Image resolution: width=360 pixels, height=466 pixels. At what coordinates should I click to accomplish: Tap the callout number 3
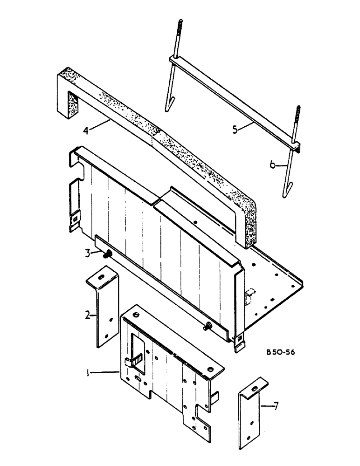(x=87, y=253)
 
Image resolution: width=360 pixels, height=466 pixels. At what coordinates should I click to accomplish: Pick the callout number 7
(x=277, y=407)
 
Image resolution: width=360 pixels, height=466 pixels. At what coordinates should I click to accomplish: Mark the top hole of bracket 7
(x=254, y=385)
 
